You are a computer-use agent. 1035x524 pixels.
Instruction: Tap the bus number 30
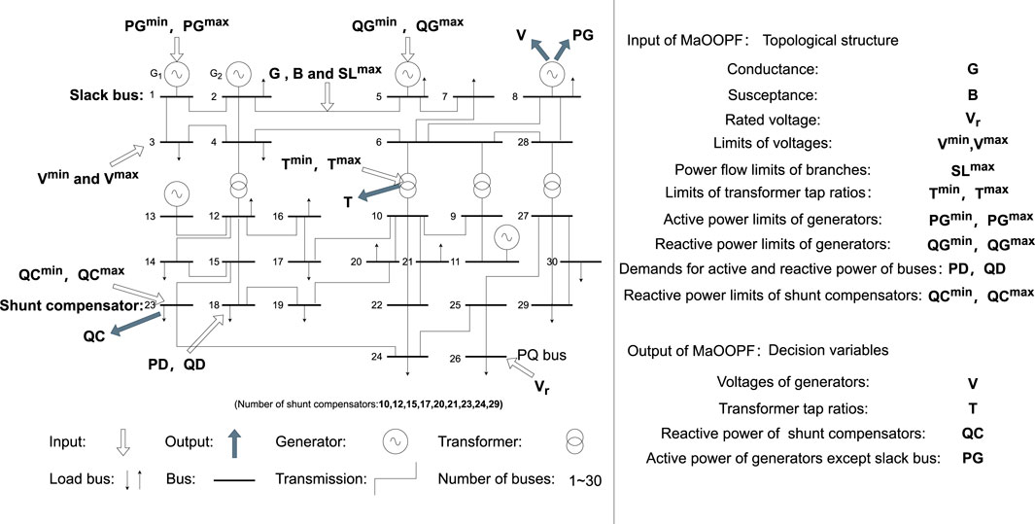[552, 261]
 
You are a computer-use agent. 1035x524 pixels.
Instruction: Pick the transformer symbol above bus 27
[552, 183]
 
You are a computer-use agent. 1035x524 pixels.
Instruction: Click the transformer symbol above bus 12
[238, 183]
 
